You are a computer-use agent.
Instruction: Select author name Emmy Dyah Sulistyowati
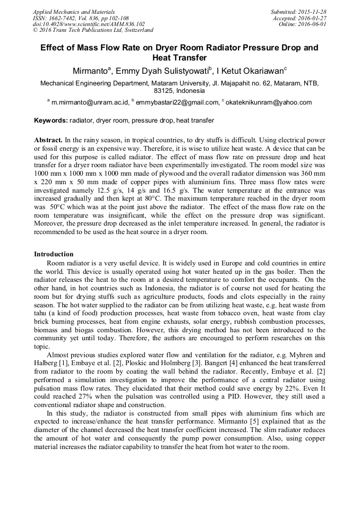[x=164, y=70]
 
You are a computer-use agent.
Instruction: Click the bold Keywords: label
[x=51, y=120]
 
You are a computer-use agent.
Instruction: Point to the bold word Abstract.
[x=48, y=139]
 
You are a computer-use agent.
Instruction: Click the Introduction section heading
[x=54, y=254]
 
